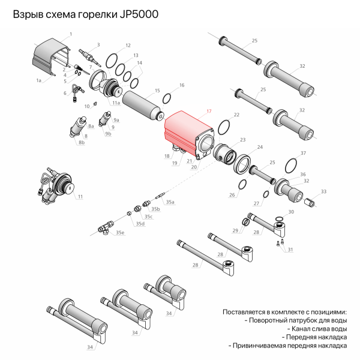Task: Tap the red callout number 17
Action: tap(209, 112)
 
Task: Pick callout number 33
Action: tap(324, 191)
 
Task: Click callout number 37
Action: tap(303, 154)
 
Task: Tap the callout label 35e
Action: tap(120, 232)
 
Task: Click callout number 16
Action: tap(182, 86)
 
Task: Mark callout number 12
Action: tap(128, 46)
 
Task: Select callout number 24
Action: tap(260, 146)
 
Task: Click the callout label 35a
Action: tap(170, 202)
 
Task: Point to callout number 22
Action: tap(236, 114)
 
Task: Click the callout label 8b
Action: tap(81, 142)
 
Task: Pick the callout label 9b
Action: tap(108, 134)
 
